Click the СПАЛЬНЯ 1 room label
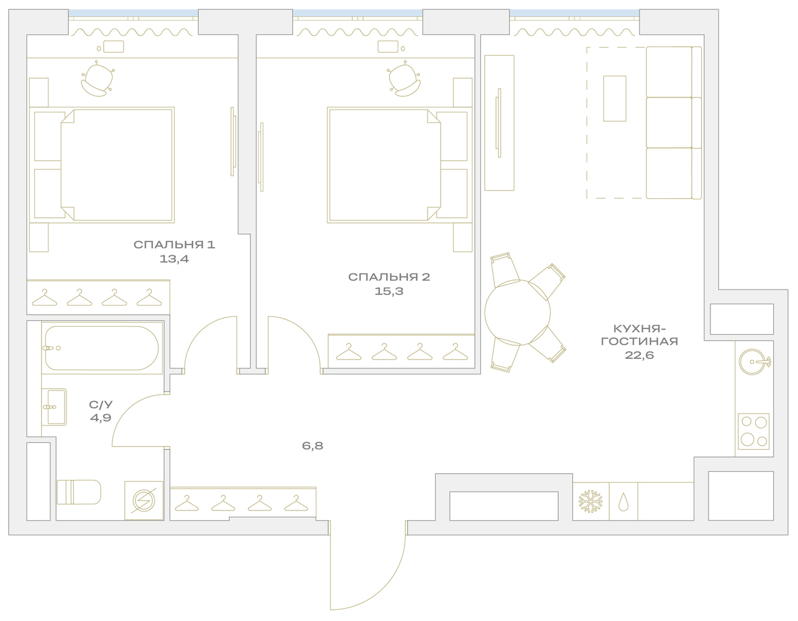(x=174, y=245)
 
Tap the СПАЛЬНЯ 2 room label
(x=389, y=277)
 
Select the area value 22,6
(x=640, y=355)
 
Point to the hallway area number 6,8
(x=313, y=446)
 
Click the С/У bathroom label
(x=101, y=405)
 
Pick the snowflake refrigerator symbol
(x=590, y=501)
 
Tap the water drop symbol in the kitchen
(x=623, y=502)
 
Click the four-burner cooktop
(x=754, y=432)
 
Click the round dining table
(x=518, y=312)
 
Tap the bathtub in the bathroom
(x=102, y=348)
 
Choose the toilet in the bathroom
(x=78, y=492)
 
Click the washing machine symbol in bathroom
(x=144, y=501)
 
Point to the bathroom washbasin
(x=54, y=407)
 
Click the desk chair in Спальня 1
(x=98, y=79)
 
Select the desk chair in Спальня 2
(x=403, y=79)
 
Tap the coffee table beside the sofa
(x=615, y=98)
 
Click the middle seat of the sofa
(x=669, y=122)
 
